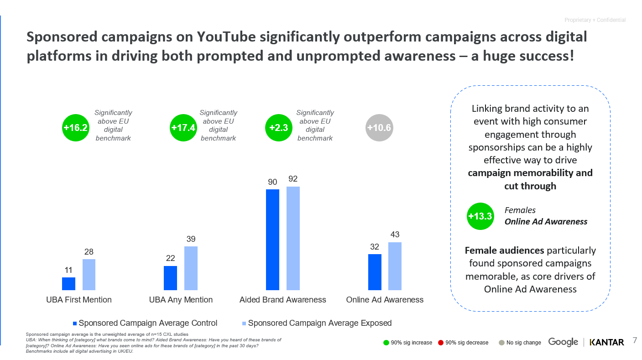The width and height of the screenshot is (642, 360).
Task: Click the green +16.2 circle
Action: coord(75,128)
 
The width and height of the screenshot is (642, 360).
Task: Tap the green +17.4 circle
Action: coord(183,128)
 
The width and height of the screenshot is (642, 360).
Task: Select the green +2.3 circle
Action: coord(279,128)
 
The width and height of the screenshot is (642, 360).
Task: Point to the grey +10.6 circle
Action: coord(379,128)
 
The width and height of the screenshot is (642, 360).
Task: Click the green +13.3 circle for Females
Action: coord(480,216)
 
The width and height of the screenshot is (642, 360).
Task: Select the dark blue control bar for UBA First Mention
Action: coord(68,283)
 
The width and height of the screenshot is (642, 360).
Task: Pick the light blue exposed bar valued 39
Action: coord(191,268)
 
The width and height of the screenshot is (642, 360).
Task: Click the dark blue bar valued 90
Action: coord(272,240)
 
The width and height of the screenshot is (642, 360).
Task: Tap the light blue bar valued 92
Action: coord(293,238)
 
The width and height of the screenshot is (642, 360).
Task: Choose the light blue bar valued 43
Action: coord(395,266)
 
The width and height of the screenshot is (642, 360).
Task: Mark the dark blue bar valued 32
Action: coord(375,272)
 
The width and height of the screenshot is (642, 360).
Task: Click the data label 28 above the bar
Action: coord(89,252)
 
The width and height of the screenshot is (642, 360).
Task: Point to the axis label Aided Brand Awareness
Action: coord(282,300)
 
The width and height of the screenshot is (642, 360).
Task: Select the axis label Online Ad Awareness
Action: coord(385,300)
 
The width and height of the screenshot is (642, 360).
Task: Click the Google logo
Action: coord(563,342)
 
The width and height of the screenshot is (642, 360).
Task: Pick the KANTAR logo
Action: coord(606,342)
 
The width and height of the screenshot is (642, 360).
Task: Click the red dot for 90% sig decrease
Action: coord(441,343)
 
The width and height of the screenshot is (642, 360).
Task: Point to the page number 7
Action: coord(635,341)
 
